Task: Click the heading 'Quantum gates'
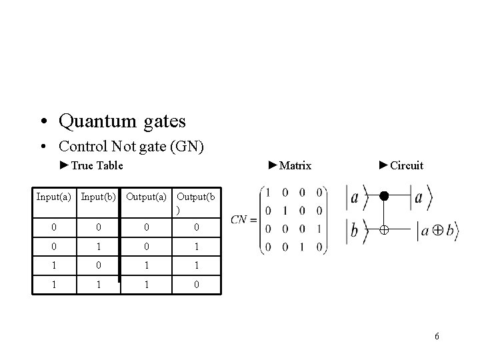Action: tap(122, 122)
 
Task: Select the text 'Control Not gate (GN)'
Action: tap(131, 146)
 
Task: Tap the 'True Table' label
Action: tap(91, 165)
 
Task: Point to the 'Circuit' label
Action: tap(401, 165)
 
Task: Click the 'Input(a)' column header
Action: tap(53, 197)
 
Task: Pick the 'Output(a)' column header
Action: tap(145, 197)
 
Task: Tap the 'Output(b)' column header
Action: tap(195, 202)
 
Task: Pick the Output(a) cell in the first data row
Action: tap(145, 227)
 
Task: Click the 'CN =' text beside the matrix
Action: tap(243, 219)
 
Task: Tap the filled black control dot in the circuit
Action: tap(383, 197)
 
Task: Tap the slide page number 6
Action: tap(437, 336)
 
